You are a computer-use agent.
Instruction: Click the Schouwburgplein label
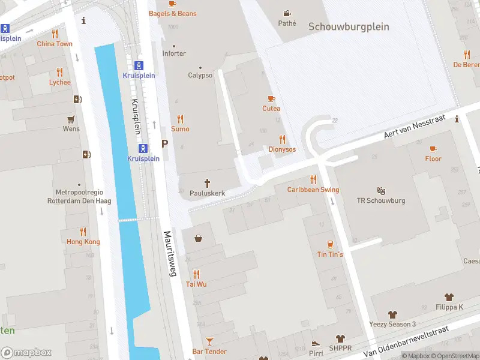pos(349,27)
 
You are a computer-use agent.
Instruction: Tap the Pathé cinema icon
pos(287,13)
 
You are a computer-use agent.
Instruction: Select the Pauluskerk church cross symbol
pos(208,183)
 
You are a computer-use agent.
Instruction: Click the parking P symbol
pos(164,144)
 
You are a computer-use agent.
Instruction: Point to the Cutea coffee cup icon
pos(271,98)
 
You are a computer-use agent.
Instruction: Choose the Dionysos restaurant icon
pos(282,139)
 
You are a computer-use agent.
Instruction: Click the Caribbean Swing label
pos(313,190)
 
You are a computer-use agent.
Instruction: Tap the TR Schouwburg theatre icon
pos(381,190)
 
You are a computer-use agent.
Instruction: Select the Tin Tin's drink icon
pos(330,244)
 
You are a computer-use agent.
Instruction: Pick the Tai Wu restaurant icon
pos(196,274)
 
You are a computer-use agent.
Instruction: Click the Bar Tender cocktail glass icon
pos(209,341)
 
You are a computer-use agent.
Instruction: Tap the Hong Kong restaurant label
pos(83,241)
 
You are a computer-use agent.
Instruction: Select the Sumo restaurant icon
pos(180,119)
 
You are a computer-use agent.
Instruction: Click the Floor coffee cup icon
pos(433,148)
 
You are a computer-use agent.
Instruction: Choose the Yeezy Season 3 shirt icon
pos(392,314)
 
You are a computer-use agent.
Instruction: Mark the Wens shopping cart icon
pos(71,118)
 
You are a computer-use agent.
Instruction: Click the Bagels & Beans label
pos(172,13)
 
